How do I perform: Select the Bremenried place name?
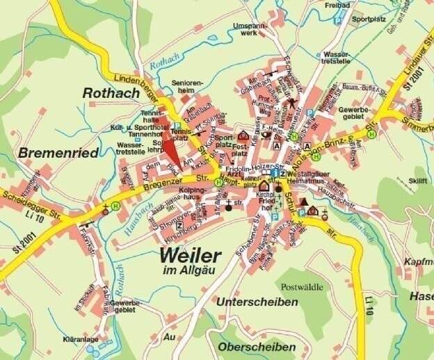click(x=53, y=152)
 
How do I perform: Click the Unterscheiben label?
click(x=257, y=302)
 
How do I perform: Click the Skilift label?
click(x=417, y=180)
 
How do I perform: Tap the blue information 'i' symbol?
click(x=275, y=173)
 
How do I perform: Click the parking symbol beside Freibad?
click(x=338, y=21)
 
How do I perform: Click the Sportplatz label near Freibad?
click(x=367, y=20)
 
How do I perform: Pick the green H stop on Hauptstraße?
click(x=219, y=181)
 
